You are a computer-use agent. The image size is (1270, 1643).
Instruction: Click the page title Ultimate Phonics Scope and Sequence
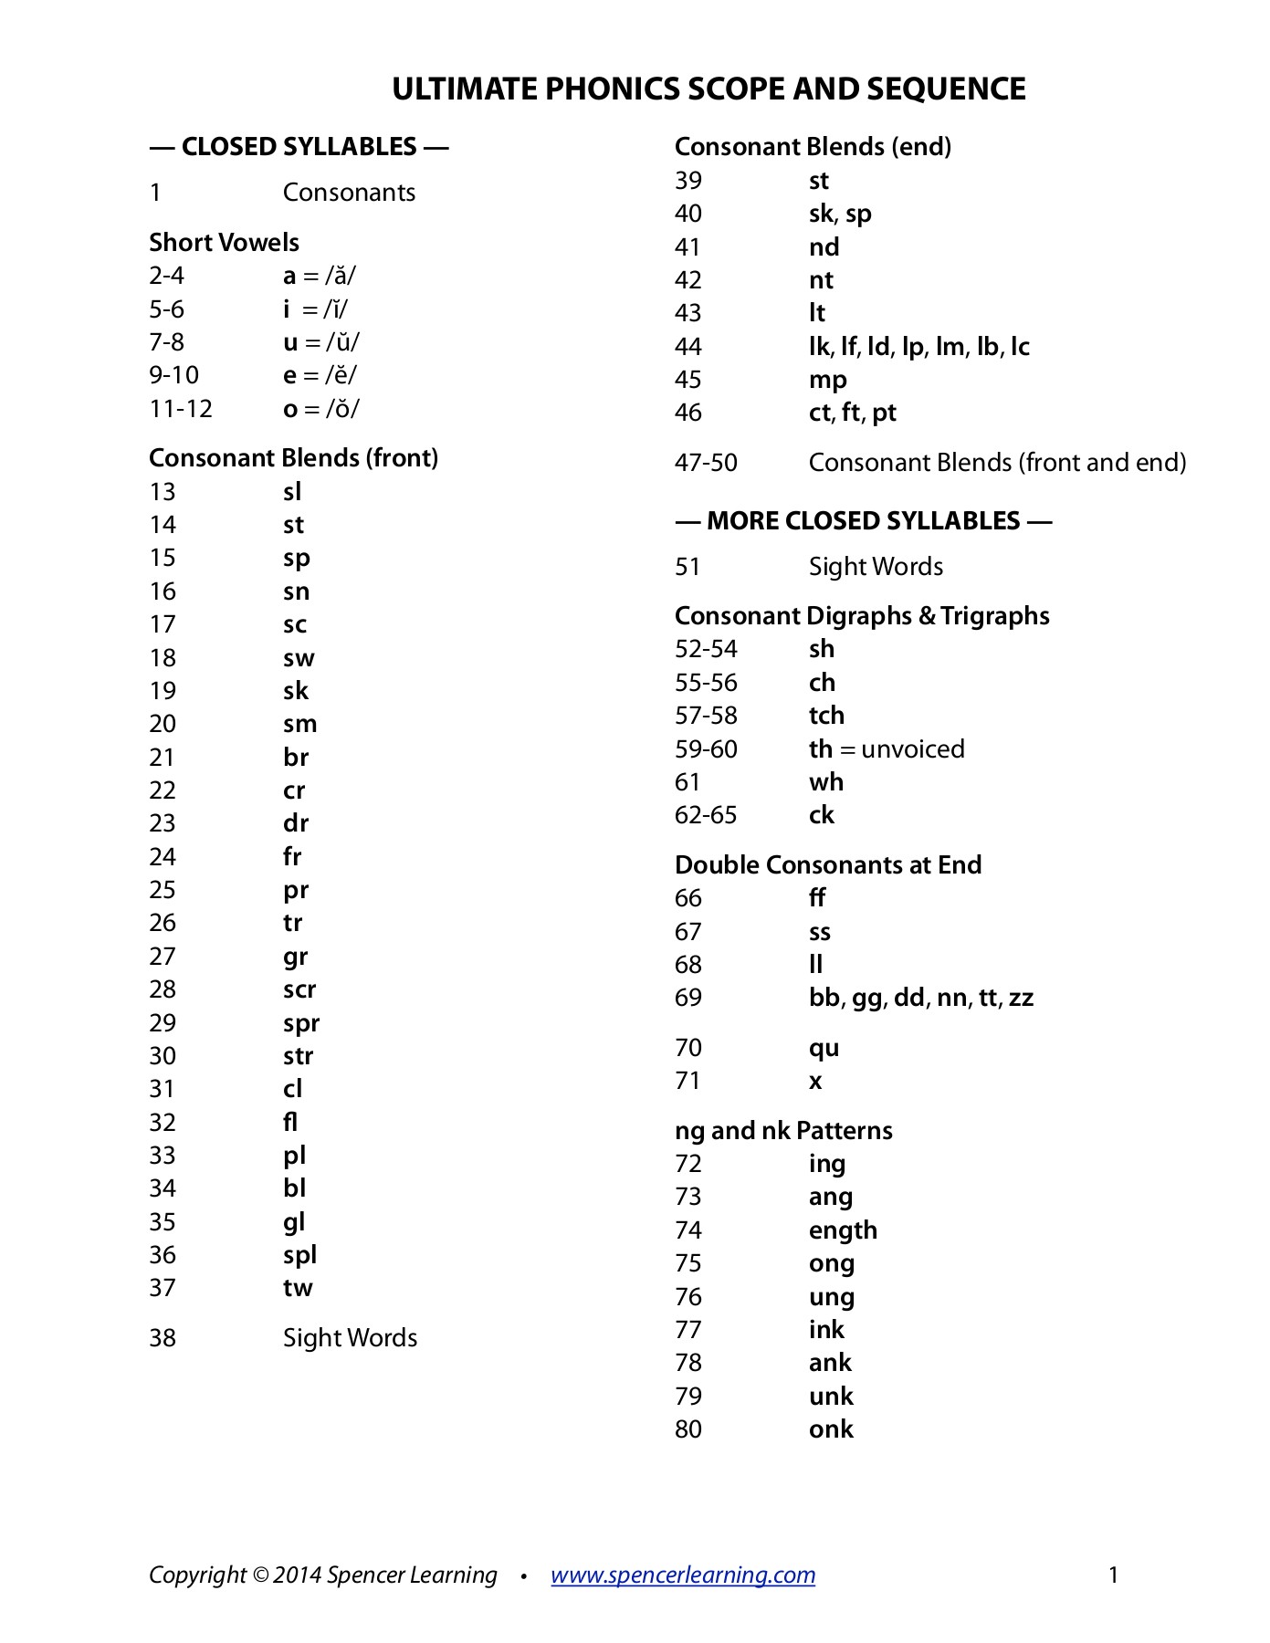point(708,89)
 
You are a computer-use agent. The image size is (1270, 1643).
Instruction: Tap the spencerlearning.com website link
point(683,1575)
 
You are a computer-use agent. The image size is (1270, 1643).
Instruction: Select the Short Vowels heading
point(224,242)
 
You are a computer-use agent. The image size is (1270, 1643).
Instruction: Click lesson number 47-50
point(706,463)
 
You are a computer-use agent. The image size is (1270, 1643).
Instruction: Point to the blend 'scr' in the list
point(299,989)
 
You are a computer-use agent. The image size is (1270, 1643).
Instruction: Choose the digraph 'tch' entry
point(826,716)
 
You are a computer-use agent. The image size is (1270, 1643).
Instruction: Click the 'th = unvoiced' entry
point(886,749)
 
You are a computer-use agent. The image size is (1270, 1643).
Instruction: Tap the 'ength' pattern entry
point(843,1230)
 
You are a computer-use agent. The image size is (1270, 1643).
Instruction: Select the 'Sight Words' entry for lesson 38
point(350,1338)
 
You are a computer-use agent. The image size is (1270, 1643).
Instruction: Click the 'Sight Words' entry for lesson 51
point(876,567)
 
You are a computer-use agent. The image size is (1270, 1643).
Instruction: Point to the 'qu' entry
point(824,1048)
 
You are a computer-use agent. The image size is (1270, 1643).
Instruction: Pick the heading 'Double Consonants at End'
point(827,864)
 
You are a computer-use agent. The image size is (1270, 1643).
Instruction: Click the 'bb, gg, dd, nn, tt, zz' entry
point(920,998)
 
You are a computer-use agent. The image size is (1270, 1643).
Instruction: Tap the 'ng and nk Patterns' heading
point(783,1131)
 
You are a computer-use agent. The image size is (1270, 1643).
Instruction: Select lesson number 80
point(688,1429)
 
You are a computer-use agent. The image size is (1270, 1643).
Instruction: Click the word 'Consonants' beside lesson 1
point(349,193)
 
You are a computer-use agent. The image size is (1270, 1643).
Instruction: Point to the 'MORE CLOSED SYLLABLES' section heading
point(863,521)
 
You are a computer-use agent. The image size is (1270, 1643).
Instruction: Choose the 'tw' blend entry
point(298,1288)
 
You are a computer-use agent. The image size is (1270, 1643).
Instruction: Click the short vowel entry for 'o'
point(320,409)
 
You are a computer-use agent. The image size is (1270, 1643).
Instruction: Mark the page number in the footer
point(1113,1575)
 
